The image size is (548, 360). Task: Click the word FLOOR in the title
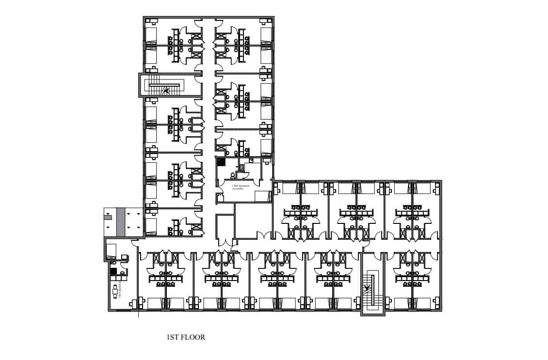point(193,337)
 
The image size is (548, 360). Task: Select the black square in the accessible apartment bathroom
point(221,162)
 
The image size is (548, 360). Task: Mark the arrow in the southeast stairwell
point(367,289)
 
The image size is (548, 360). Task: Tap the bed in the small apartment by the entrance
point(111,250)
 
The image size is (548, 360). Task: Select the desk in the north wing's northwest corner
point(152,21)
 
